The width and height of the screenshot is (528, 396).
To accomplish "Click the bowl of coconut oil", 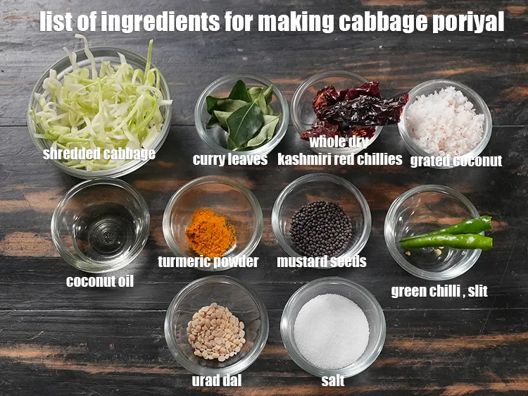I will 100,225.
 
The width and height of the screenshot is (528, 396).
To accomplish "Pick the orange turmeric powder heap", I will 210,233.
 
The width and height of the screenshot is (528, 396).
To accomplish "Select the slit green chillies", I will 447,234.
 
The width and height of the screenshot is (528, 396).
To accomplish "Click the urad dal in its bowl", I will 216,331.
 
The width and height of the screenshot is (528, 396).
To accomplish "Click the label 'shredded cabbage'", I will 99,153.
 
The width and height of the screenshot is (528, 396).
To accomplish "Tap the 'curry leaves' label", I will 230,159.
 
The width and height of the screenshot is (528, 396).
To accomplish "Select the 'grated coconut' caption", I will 455,161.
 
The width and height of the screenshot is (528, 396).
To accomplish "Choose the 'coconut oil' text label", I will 100,281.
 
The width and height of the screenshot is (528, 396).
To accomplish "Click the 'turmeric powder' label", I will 208,262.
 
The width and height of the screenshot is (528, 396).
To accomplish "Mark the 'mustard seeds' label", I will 321,262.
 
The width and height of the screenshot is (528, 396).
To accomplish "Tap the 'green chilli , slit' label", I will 439,290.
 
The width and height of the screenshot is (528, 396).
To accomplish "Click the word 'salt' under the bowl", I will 332,380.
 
